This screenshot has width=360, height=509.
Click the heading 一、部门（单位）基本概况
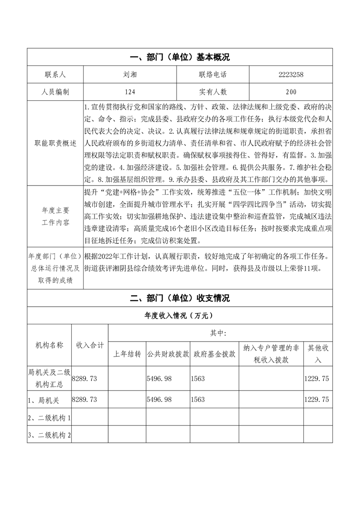click(x=180, y=57)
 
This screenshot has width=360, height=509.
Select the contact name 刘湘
click(x=130, y=75)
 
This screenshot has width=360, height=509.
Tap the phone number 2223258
click(x=291, y=75)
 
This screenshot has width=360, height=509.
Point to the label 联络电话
click(x=212, y=75)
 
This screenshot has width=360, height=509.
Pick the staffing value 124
click(x=130, y=92)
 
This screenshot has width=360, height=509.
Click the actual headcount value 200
click(x=291, y=92)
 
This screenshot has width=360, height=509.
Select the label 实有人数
click(x=212, y=92)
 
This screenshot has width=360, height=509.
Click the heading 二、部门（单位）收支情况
click(x=180, y=298)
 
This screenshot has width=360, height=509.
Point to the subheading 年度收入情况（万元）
click(x=180, y=315)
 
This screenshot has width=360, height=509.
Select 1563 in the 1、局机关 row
click(x=198, y=399)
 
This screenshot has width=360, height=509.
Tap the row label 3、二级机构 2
click(x=49, y=435)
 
